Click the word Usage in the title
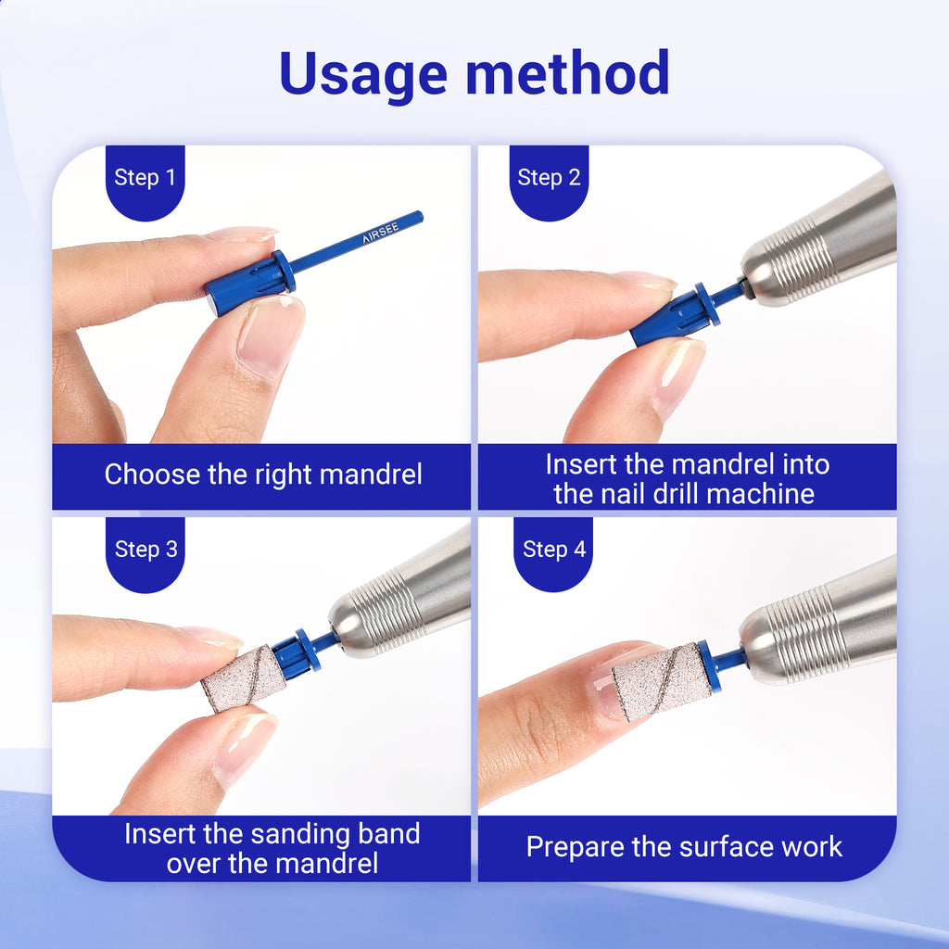tap(363, 75)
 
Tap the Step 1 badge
tap(145, 183)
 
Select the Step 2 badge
tap(549, 183)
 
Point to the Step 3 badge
tap(146, 554)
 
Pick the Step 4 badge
tap(553, 554)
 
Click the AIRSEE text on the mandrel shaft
tap(381, 233)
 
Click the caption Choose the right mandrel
tap(263, 474)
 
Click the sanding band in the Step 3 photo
tap(243, 677)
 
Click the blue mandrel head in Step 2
tap(676, 315)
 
